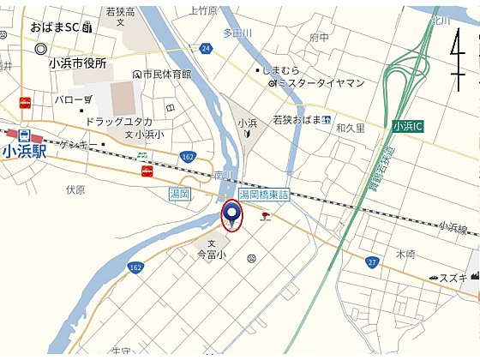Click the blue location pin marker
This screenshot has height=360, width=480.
pos(232,213)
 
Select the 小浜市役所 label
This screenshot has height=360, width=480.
pos(78,63)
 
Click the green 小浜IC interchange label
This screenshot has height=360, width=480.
pos(408,126)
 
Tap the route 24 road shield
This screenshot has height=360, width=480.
pos(206,49)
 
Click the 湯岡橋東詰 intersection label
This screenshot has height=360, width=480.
pos(265,195)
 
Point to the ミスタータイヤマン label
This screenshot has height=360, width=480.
pos(321,83)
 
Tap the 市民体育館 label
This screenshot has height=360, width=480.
pos(167,75)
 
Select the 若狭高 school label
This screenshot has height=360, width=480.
pos(120,12)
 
